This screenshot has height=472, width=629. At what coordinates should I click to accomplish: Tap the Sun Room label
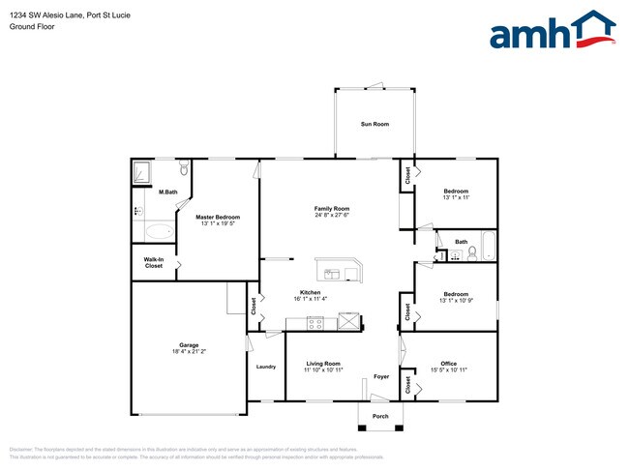coord(374,124)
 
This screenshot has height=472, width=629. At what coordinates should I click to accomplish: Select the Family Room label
coord(332,208)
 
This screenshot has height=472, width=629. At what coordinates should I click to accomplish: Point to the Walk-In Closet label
coord(154,262)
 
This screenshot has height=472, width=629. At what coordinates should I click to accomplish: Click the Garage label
coord(188,345)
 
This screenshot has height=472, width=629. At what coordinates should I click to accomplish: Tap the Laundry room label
coord(266,367)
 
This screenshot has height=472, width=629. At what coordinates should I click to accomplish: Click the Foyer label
coord(381,377)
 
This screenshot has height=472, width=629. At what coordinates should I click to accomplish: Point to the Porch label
coord(380,416)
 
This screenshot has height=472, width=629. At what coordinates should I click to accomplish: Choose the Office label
coord(448,363)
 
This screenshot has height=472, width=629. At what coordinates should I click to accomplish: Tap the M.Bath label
coord(168,192)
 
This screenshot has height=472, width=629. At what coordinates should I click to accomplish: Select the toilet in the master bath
coord(183,168)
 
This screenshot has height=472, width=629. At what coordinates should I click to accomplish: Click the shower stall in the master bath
coord(144,172)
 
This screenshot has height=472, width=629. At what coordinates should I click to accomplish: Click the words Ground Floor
coord(32,27)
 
